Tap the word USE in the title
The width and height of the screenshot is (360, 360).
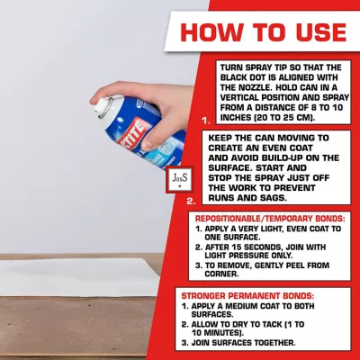coord(321,31)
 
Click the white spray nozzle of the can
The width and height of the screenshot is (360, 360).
coord(103,107)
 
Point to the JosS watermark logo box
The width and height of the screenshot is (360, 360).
coord(180,179)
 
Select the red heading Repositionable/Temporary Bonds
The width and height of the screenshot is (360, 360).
coord(270,219)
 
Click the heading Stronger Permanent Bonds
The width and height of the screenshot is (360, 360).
coord(247,296)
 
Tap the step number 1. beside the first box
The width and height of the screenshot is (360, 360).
coord(206,121)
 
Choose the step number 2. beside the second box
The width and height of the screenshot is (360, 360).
coord(191,201)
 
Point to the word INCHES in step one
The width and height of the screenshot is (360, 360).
coord(236,118)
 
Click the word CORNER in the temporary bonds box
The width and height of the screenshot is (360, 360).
coord(221,274)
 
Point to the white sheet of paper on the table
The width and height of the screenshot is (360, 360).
coord(78,277)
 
